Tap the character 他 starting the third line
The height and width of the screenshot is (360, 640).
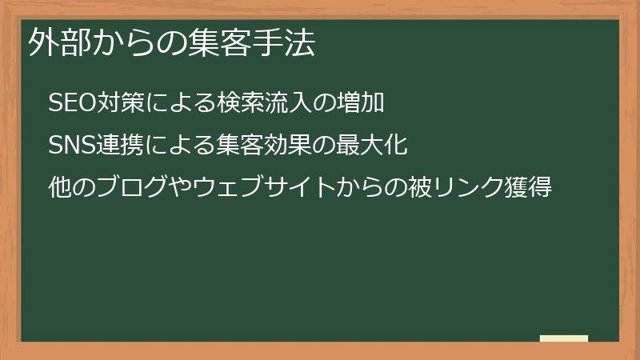coord(59,189)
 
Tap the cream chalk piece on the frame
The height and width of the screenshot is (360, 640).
coord(564,338)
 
